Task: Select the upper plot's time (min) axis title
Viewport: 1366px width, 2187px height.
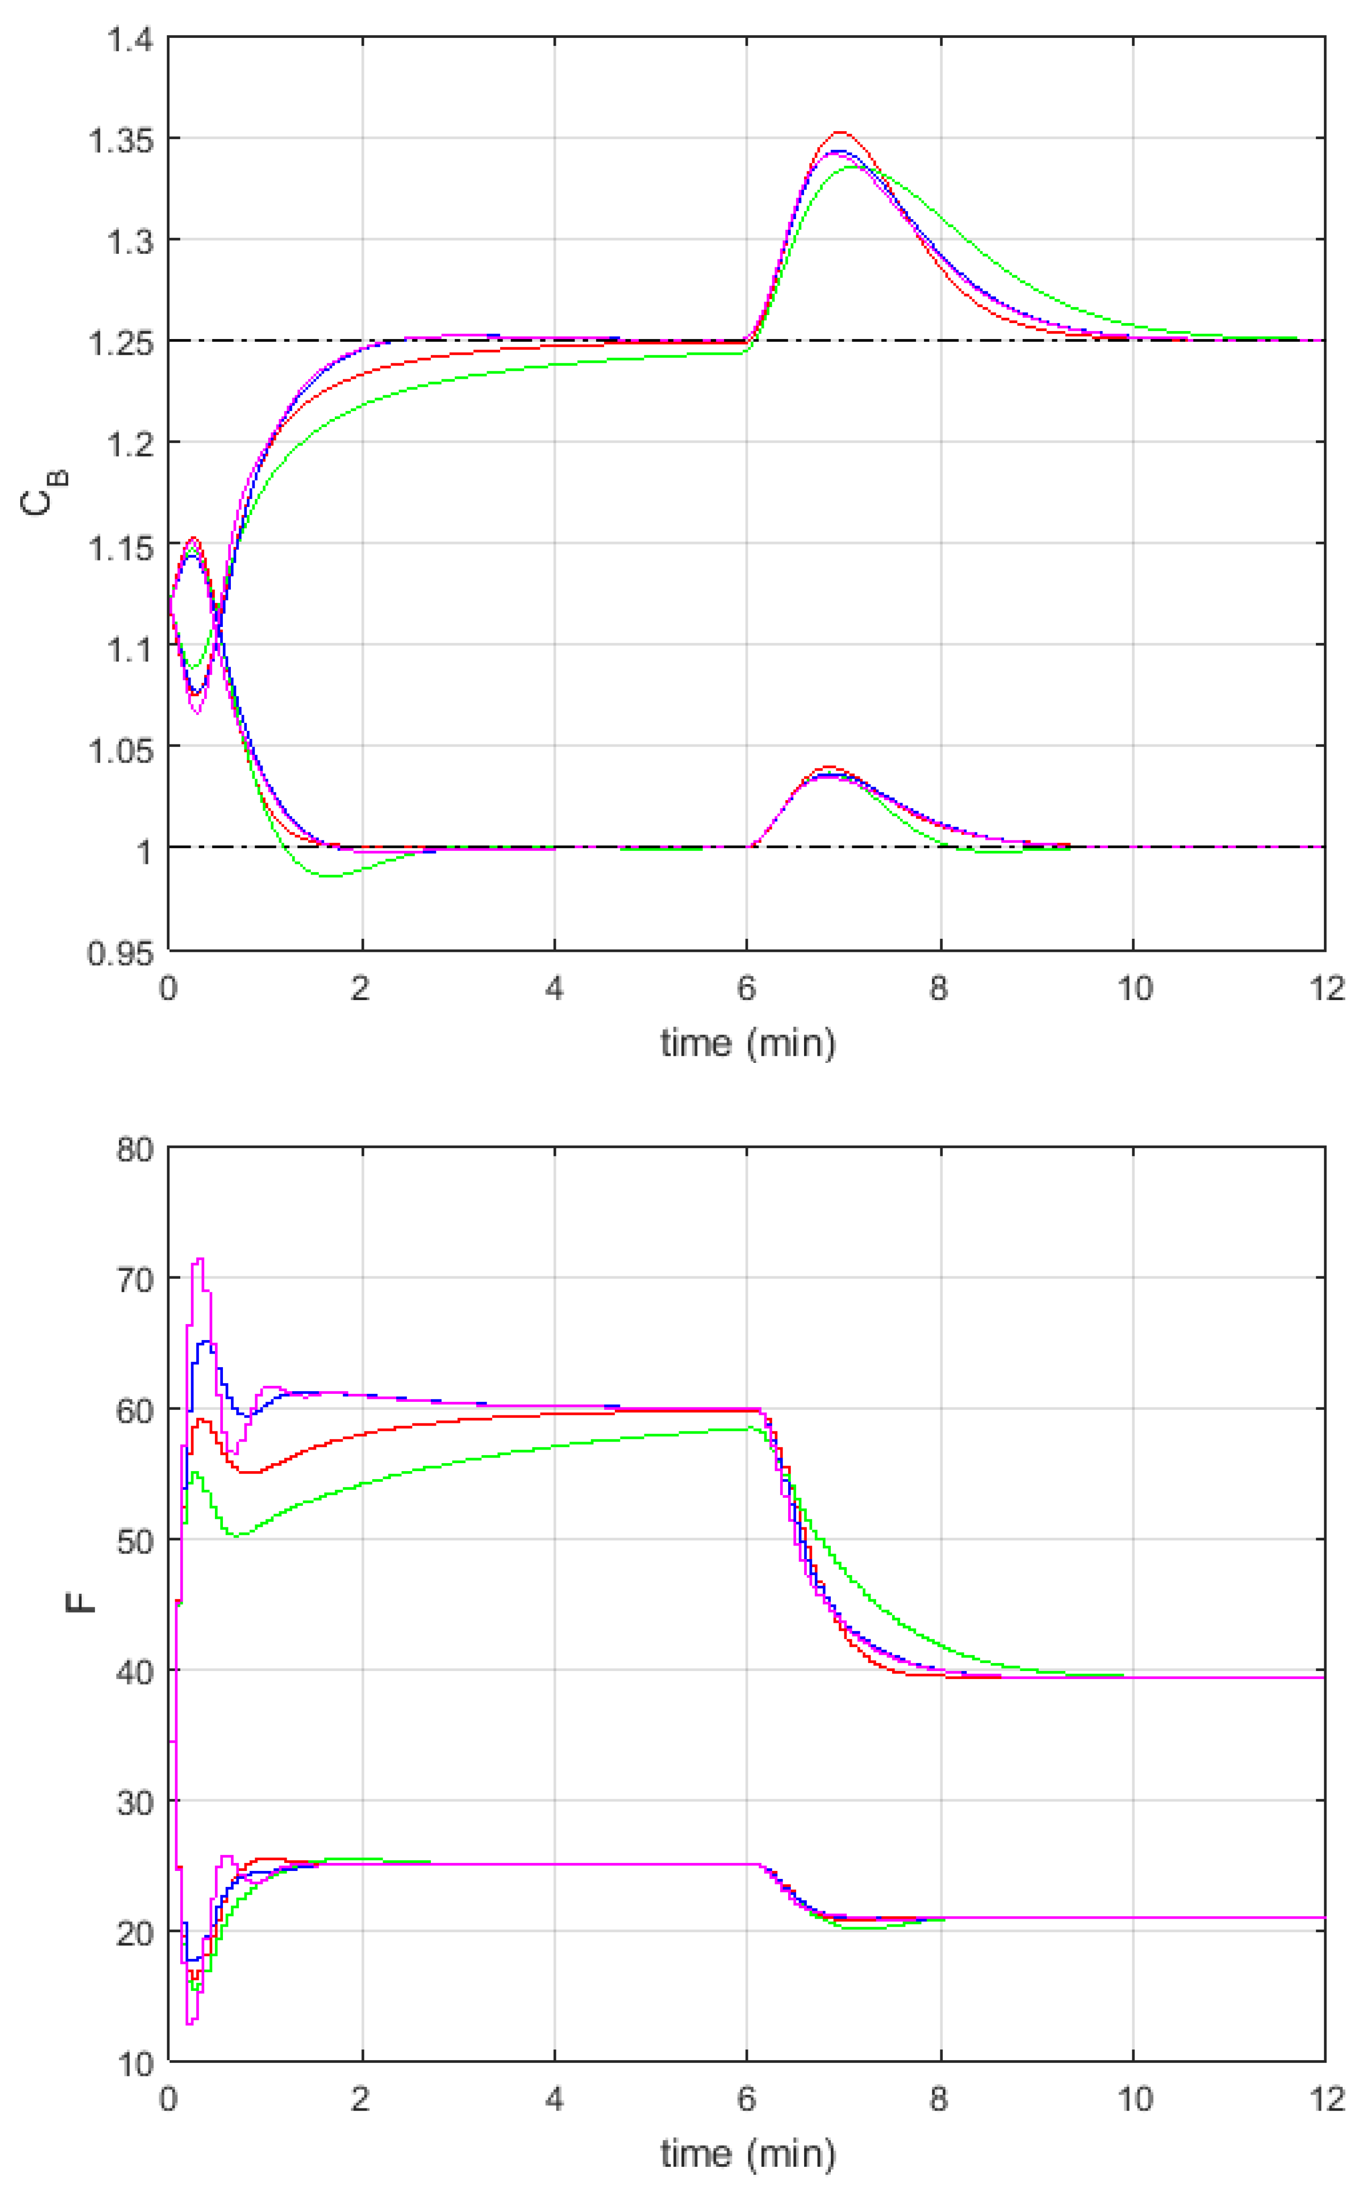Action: [747, 1043]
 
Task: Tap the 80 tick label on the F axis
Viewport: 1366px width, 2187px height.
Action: [135, 1150]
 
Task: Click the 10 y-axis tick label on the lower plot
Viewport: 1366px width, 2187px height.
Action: [135, 2064]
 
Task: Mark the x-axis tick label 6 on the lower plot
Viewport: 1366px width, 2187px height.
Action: [746, 2099]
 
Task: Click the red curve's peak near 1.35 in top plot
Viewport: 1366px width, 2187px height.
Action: [839, 133]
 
